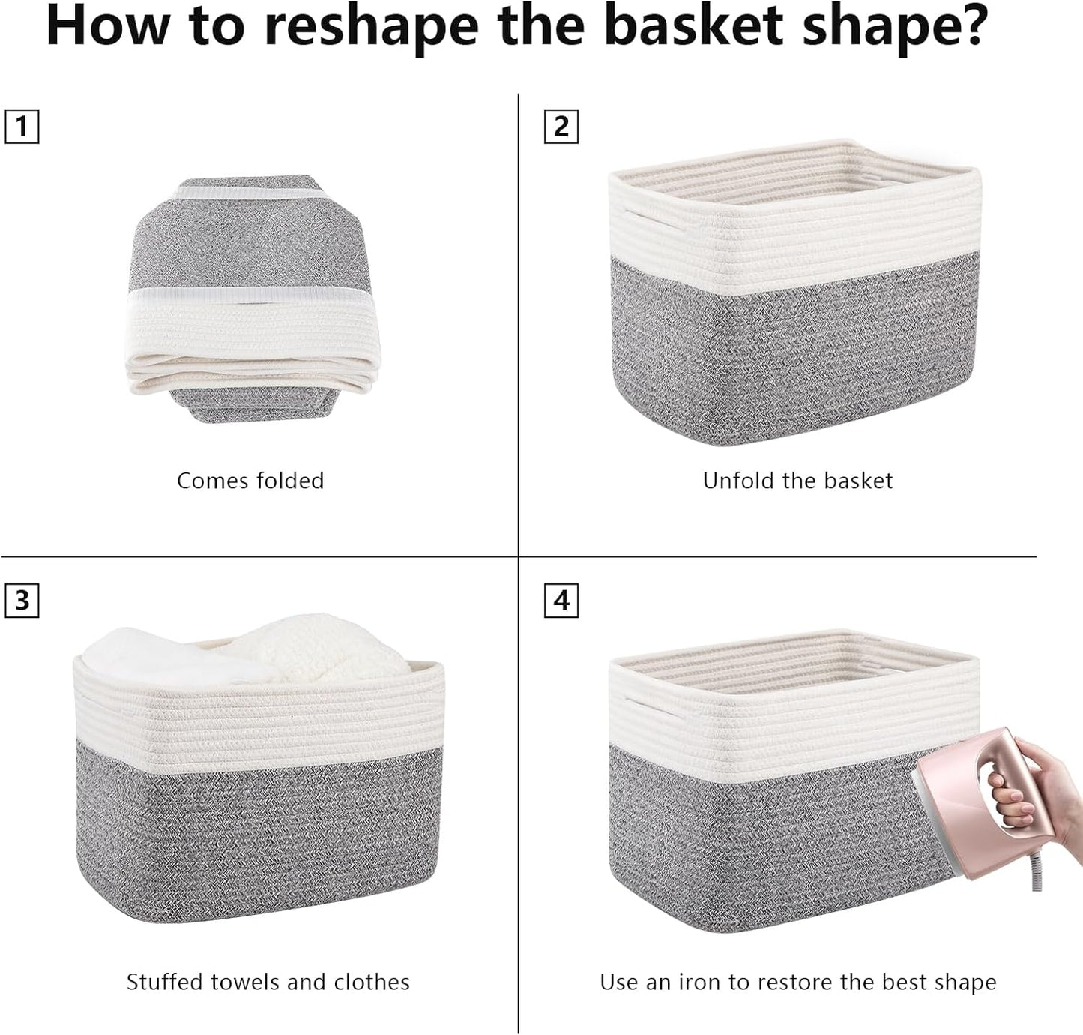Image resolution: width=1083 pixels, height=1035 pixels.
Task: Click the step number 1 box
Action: [x=22, y=126]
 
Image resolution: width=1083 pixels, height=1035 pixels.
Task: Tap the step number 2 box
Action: [x=561, y=126]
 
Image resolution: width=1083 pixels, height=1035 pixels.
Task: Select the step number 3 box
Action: [x=22, y=601]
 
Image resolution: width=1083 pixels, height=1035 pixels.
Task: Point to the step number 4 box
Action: [x=561, y=601]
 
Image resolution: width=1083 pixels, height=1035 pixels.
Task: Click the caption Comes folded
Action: [x=250, y=481]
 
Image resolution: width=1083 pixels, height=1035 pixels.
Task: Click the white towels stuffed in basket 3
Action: [x=247, y=649]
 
